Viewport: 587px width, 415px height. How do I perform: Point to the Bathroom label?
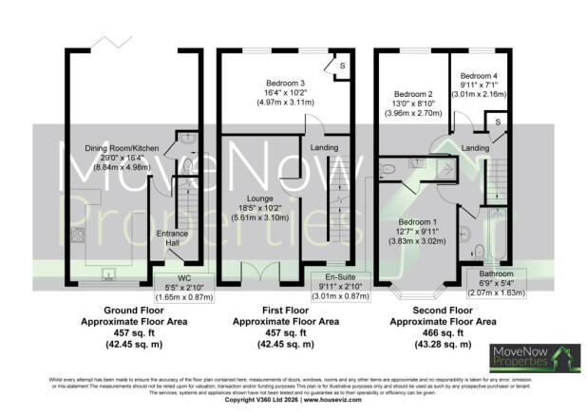pyautogui.click(x=488, y=273)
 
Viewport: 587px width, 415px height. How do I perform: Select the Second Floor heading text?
pyautogui.click(x=446, y=311)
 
